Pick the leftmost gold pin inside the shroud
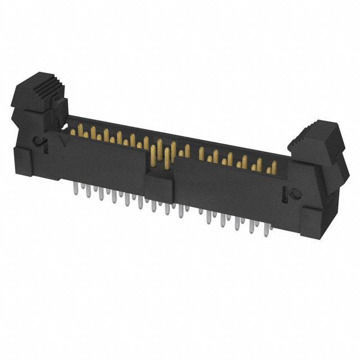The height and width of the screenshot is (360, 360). coord(73,130)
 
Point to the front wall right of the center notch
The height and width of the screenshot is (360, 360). coord(225,186)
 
